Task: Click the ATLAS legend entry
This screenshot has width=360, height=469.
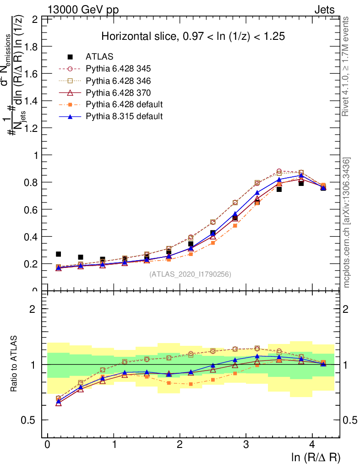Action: pyautogui.click(x=99, y=57)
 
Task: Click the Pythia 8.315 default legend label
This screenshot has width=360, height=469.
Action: pyautogui.click(x=124, y=116)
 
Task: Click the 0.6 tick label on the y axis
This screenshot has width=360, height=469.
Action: pyautogui.click(x=32, y=209)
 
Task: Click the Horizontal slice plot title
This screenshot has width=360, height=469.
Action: pyautogui.click(x=187, y=37)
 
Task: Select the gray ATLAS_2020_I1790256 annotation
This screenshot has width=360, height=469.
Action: pyautogui.click(x=190, y=274)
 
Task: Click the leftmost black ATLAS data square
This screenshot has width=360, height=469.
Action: pyautogui.click(x=58, y=254)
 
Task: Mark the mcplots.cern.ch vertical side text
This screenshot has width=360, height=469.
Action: pyautogui.click(x=348, y=223)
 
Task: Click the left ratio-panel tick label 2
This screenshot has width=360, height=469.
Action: pyautogui.click(x=33, y=309)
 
